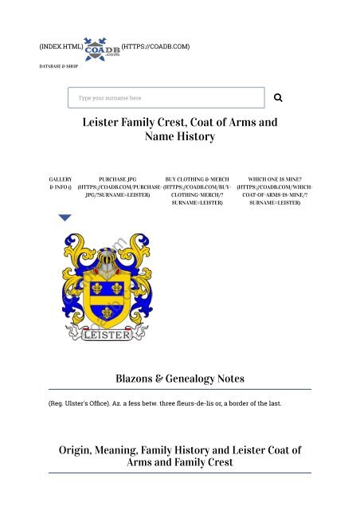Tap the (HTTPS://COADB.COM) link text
155,47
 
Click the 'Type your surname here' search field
166,98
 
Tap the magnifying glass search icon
279,98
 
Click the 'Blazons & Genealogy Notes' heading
180,378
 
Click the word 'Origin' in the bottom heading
81,450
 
